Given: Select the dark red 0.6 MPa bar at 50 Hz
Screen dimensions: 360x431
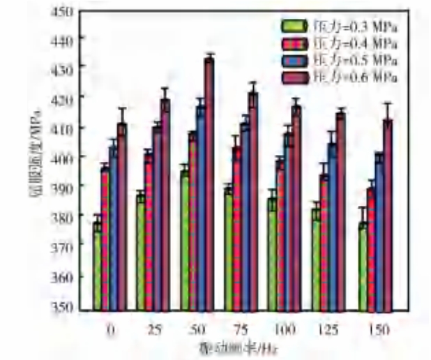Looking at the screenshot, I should (x=209, y=185).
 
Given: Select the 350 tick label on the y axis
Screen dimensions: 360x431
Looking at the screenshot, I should (x=68, y=308).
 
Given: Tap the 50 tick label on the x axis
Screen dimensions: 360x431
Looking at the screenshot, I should (x=199, y=329).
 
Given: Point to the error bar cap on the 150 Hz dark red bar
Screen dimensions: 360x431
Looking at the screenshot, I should (x=388, y=104).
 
